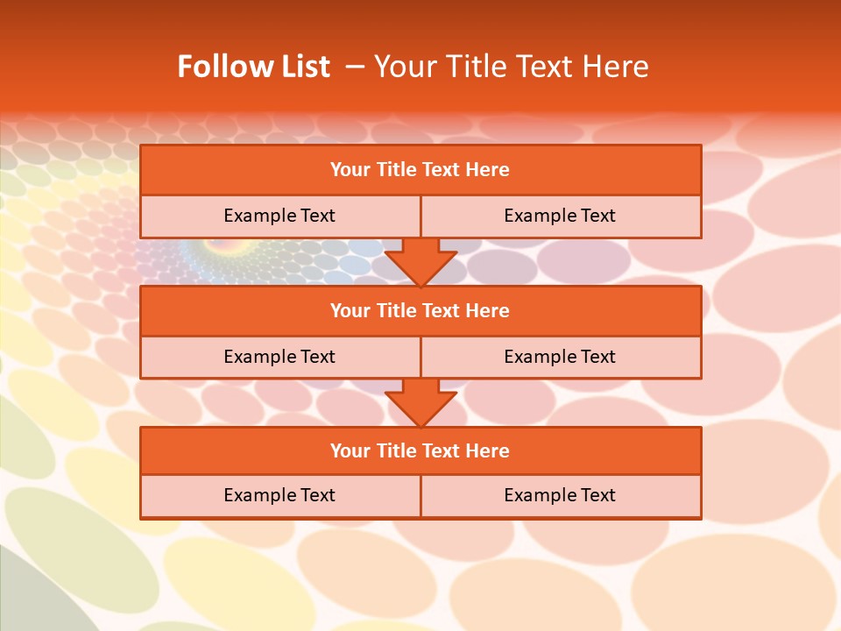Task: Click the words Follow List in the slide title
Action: (x=253, y=67)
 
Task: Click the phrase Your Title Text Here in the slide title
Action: (x=511, y=67)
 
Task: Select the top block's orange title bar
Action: (x=420, y=170)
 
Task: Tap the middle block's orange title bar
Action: (x=420, y=310)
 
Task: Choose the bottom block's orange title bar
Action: (x=420, y=450)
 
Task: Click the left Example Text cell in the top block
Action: (x=279, y=216)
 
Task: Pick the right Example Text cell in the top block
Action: (x=560, y=216)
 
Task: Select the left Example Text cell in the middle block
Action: (x=279, y=357)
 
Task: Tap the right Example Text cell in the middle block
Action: (x=560, y=357)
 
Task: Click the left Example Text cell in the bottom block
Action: (x=279, y=495)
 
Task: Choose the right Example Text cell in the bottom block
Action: (x=560, y=495)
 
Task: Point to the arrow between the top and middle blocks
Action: (x=420, y=261)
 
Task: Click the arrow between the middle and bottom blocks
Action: (x=420, y=402)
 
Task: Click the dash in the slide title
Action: (x=355, y=67)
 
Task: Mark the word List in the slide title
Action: (x=302, y=67)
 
